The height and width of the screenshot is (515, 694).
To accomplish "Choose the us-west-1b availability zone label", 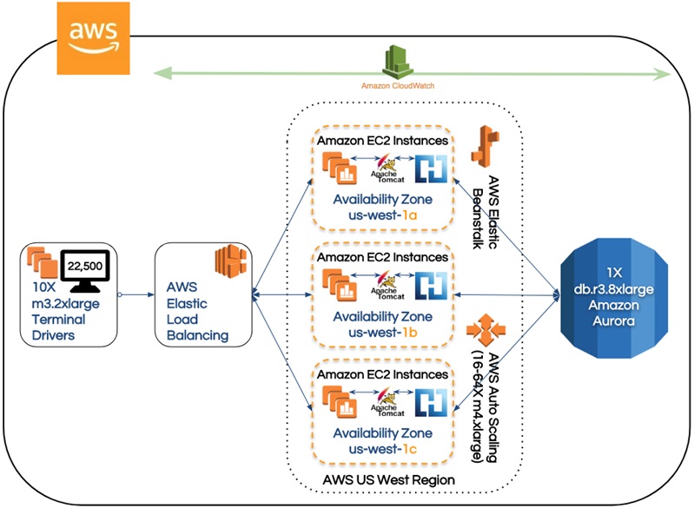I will tap(382, 330).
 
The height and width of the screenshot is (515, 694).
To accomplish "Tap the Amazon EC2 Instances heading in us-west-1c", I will tap(382, 374).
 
